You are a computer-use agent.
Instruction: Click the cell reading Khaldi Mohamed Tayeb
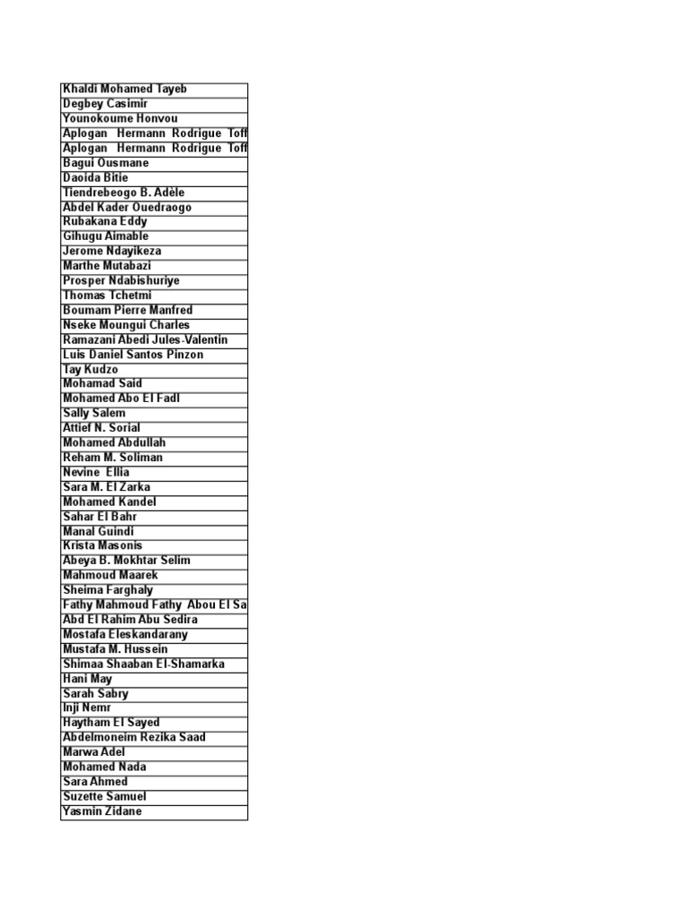[125, 90]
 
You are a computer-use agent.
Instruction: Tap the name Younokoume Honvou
[120, 119]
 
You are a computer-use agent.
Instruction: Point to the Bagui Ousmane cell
[106, 163]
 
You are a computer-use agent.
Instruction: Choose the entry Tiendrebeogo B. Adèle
[124, 193]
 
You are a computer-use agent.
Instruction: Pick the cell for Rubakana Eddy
[105, 222]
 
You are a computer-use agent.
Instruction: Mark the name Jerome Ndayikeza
[112, 252]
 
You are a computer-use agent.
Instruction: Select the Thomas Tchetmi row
[107, 296]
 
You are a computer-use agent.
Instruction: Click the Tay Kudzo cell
[90, 370]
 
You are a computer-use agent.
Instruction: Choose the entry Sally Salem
[94, 414]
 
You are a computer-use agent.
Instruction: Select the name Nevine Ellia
[96, 472]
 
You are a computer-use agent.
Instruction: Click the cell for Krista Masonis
[102, 545]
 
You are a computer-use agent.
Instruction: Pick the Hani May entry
[88, 679]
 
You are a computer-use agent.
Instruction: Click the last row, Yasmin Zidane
[102, 811]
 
